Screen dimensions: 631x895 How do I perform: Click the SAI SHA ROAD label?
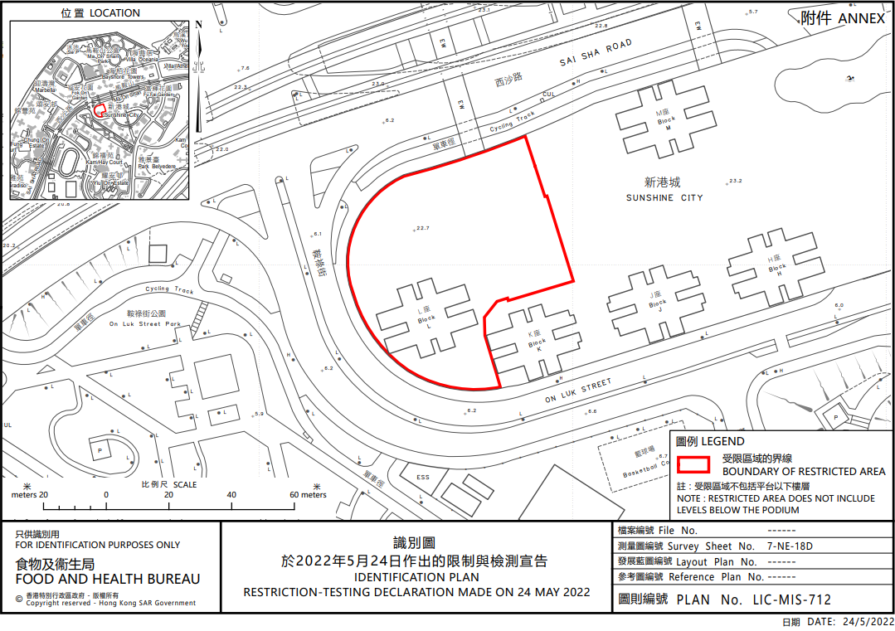click(x=596, y=52)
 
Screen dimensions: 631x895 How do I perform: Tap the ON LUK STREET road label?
click(x=578, y=391)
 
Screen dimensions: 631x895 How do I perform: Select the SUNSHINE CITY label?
click(x=665, y=197)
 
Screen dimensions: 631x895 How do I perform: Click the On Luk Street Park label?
click(x=144, y=323)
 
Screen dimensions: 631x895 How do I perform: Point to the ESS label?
click(x=423, y=477)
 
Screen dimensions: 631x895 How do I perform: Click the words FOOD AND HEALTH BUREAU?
click(x=108, y=580)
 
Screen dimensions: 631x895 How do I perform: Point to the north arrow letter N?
click(x=199, y=24)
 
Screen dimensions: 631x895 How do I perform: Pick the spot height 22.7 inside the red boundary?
click(x=422, y=227)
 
